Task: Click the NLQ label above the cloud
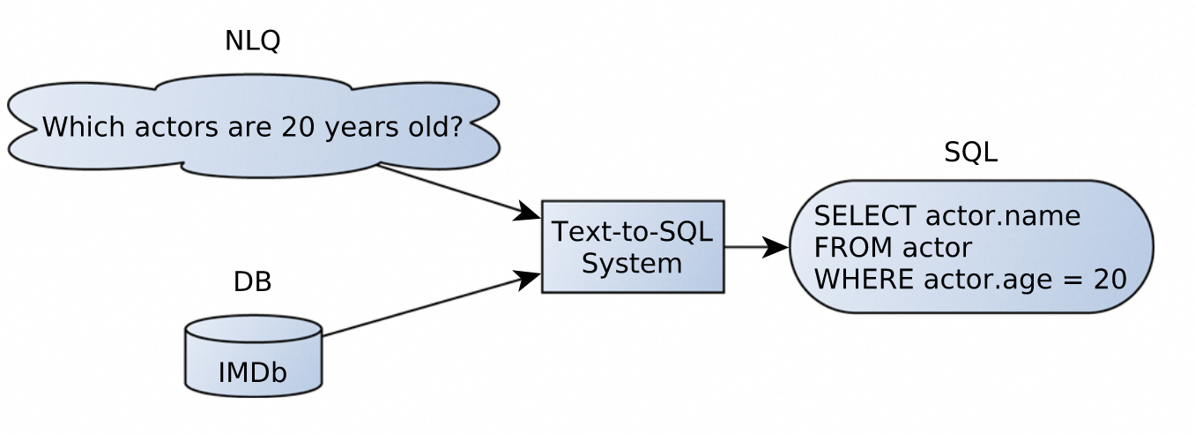[x=252, y=41]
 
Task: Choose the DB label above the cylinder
[x=252, y=282]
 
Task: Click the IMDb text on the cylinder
[x=252, y=373]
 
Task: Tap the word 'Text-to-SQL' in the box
[x=632, y=232]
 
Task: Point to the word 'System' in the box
[x=632, y=263]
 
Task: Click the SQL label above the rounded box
[x=970, y=153]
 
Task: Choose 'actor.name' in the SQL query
[x=1002, y=216]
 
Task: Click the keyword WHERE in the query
[x=863, y=280]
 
